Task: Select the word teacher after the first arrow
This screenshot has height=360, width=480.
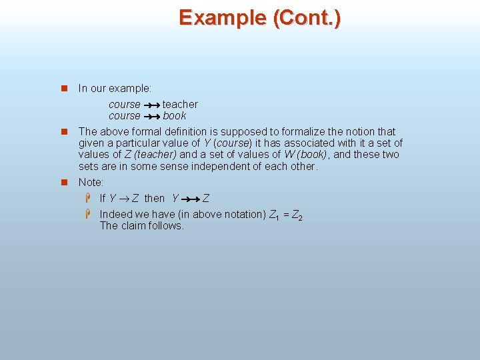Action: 180,104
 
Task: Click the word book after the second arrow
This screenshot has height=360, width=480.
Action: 174,115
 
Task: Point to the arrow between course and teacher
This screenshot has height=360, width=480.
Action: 151,105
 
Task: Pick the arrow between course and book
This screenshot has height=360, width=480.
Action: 151,116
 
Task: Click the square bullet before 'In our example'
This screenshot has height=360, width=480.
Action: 65,88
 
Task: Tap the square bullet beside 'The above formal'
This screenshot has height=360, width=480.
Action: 65,132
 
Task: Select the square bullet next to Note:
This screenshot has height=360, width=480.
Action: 65,182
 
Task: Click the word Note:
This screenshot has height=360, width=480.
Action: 91,182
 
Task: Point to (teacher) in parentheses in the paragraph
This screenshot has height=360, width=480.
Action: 155,155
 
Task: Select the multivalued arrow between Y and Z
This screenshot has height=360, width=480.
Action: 191,199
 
